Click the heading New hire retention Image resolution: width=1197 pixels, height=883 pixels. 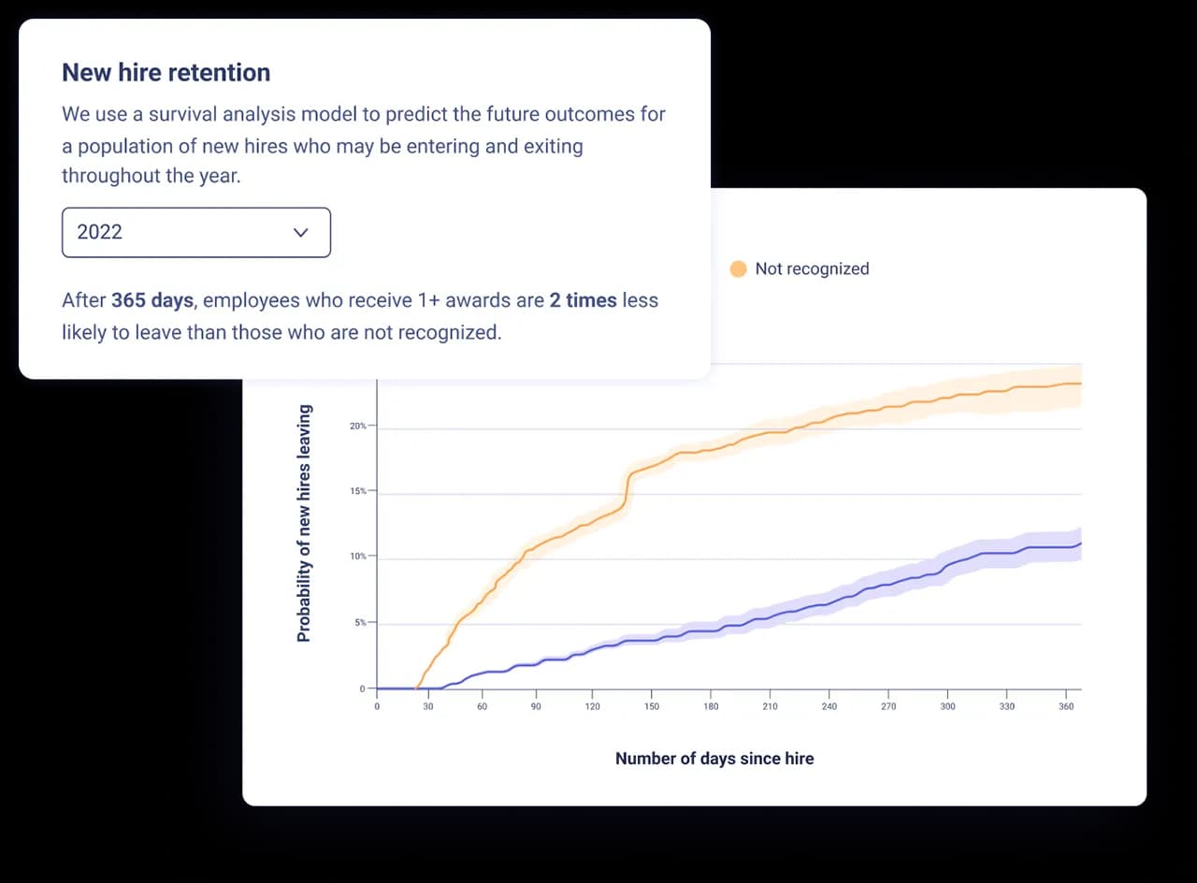click(x=166, y=73)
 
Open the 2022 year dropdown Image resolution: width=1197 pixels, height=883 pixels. click(x=195, y=232)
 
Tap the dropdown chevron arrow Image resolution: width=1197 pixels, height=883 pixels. click(x=300, y=232)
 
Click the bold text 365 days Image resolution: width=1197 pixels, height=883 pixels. click(x=152, y=300)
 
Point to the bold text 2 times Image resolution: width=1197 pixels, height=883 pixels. click(x=583, y=300)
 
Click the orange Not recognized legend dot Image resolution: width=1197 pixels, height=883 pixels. click(x=738, y=269)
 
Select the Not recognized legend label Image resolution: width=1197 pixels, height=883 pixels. click(x=812, y=269)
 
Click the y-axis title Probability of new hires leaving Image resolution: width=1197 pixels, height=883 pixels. click(x=303, y=523)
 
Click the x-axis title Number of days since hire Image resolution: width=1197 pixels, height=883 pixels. click(x=714, y=759)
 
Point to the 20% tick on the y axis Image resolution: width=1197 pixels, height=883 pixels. click(x=358, y=427)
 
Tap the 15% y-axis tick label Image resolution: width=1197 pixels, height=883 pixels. click(x=358, y=491)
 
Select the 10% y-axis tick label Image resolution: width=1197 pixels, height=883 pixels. click(x=358, y=557)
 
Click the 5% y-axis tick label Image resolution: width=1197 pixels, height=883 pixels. click(x=359, y=622)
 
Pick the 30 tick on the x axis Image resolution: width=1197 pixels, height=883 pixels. click(x=428, y=706)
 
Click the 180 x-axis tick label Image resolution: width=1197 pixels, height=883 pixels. click(x=711, y=706)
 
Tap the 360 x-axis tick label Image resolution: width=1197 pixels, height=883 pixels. click(x=1066, y=706)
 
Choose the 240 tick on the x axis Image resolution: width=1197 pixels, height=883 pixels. click(x=829, y=706)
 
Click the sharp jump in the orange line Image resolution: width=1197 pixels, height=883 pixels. click(x=626, y=491)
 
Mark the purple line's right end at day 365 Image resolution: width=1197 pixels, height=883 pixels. click(x=1080, y=543)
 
